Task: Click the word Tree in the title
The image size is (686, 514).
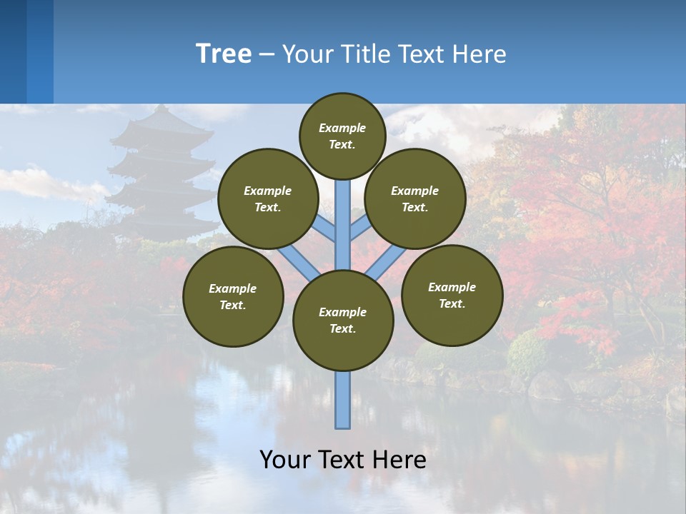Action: point(224,54)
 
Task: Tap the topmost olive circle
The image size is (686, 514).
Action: point(342,136)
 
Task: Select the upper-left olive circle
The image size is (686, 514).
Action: point(268,198)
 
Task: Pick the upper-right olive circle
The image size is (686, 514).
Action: point(415,198)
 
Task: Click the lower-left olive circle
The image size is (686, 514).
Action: point(233,296)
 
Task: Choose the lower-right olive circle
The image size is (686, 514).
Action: point(452,295)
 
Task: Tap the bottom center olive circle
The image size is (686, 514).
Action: point(343,321)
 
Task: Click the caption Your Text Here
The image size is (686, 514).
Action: point(343,460)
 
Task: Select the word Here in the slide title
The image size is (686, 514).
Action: point(481,54)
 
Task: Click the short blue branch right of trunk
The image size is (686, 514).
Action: point(361,228)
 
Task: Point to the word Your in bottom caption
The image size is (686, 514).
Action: point(285,460)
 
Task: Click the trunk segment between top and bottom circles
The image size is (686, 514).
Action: point(343,225)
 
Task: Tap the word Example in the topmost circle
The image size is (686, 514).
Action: point(342,128)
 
